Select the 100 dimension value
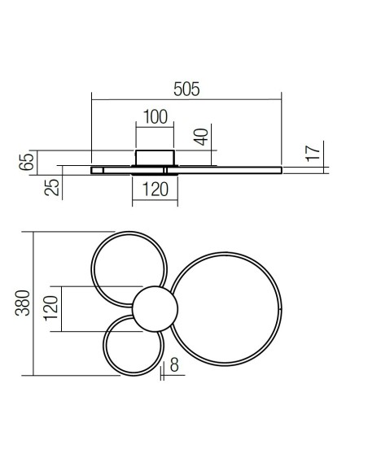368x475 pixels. (154, 116)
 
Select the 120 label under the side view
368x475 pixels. (154, 190)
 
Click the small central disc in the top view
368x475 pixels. (153, 310)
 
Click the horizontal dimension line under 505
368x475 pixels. (186, 99)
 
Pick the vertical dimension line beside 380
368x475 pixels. (34, 303)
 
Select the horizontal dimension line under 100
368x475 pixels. (154, 126)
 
